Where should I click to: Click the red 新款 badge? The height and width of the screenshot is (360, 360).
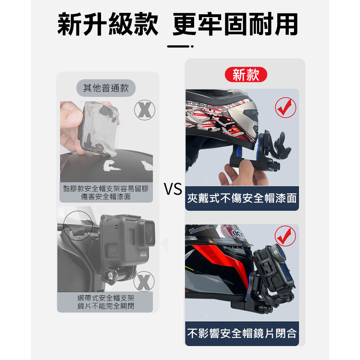pyautogui.click(x=246, y=75)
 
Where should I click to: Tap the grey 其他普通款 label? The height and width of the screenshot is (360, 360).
pyautogui.click(x=106, y=88)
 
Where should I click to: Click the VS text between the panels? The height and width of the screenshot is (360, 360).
pyautogui.click(x=173, y=189)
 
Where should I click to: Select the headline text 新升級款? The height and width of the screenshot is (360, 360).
pyautogui.click(x=108, y=24)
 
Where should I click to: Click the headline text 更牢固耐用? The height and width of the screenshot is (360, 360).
pyautogui.click(x=235, y=24)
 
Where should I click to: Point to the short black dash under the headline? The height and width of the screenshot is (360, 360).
pyautogui.click(x=178, y=47)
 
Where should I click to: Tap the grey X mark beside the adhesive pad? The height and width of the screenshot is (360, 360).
pyautogui.click(x=145, y=110)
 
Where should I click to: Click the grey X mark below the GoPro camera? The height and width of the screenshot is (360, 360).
pyautogui.click(x=144, y=281)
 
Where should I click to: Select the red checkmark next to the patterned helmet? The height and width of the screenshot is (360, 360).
pyautogui.click(x=286, y=107)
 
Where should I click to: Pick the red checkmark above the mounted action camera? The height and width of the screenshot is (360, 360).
pyautogui.click(x=285, y=236)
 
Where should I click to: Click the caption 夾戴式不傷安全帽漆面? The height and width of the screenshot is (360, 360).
pyautogui.click(x=242, y=198)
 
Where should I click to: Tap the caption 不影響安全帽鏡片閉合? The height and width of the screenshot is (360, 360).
pyautogui.click(x=242, y=333)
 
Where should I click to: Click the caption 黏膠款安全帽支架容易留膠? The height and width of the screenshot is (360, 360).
pyautogui.click(x=106, y=189)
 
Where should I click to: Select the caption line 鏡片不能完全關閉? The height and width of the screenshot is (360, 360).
pyautogui.click(x=106, y=306)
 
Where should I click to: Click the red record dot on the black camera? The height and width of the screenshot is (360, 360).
pyautogui.click(x=274, y=280)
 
